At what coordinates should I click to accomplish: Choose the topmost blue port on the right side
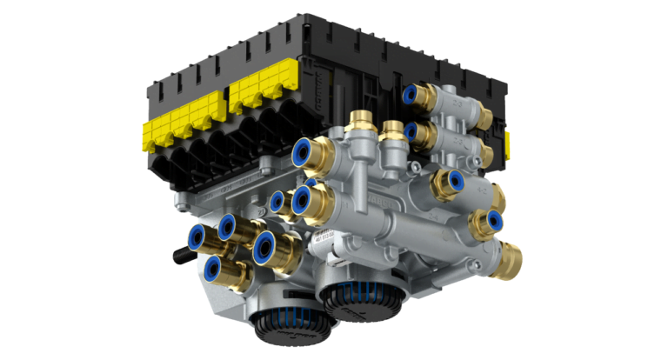410,94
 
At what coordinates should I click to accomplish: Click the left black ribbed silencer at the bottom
276,323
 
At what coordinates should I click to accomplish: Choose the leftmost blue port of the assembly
196,236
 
